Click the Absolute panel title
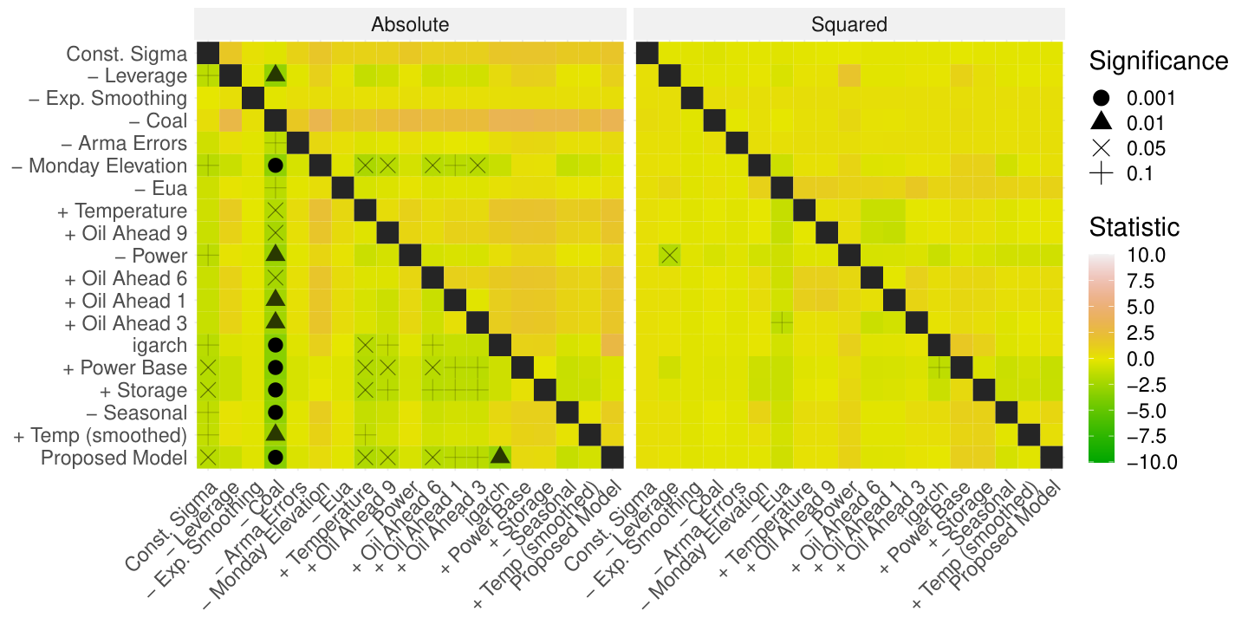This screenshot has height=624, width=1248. [410, 24]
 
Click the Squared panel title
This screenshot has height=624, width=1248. [849, 24]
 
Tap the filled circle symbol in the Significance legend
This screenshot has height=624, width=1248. [1101, 98]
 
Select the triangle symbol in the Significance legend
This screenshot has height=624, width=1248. [1101, 121]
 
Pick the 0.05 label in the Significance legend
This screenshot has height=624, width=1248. [1146, 148]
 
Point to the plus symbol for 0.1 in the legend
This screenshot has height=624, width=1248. [1101, 174]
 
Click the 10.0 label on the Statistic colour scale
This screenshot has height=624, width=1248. [1146, 255]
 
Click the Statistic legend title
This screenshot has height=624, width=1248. [1134, 227]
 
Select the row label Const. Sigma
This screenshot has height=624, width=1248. [127, 54]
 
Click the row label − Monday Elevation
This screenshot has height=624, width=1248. [99, 166]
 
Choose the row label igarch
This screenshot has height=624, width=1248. [159, 346]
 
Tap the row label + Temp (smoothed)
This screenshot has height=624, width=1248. [101, 435]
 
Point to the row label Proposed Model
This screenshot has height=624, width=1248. [114, 458]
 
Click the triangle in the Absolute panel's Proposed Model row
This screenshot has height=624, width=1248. [500, 456]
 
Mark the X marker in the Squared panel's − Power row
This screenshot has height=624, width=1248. [669, 256]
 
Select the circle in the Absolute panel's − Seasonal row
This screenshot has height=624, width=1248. [276, 413]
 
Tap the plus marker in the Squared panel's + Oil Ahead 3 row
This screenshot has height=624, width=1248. [782, 322]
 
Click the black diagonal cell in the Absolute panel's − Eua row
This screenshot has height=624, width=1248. [342, 188]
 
